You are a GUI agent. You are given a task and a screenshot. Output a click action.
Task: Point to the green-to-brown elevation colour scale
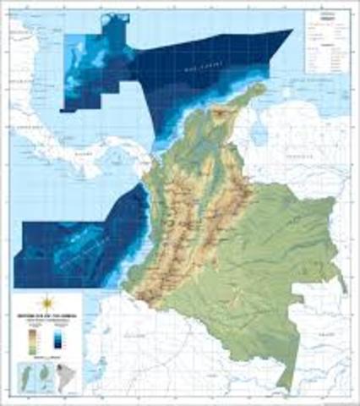pyautogui.click(x=34, y=338)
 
